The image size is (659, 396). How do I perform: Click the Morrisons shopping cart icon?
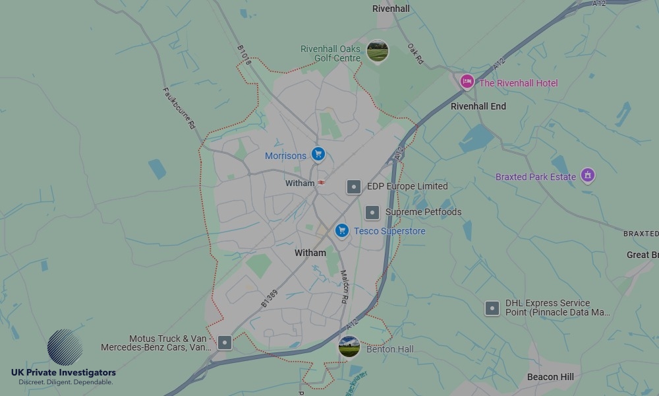(318, 154)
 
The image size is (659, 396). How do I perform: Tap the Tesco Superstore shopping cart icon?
(341, 230)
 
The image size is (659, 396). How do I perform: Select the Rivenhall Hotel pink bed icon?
(467, 82)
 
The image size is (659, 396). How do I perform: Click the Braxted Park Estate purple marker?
(588, 176)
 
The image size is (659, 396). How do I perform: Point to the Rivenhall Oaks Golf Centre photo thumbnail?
(378, 51)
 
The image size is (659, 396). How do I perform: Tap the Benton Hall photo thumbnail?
(349, 346)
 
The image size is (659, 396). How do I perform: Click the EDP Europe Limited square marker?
(354, 187)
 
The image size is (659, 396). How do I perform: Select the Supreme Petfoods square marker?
(372, 212)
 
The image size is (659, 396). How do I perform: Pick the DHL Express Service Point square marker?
(492, 308)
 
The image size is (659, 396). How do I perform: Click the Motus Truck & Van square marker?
(225, 343)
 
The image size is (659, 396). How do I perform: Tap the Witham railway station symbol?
(321, 183)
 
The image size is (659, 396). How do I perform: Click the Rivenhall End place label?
(478, 106)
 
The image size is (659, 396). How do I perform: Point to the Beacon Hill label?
(550, 377)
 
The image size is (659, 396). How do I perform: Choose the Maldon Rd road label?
(344, 285)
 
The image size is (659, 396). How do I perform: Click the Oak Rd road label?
(415, 55)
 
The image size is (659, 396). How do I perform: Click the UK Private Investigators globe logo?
(65, 348)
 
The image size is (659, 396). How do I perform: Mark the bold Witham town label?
(310, 253)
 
